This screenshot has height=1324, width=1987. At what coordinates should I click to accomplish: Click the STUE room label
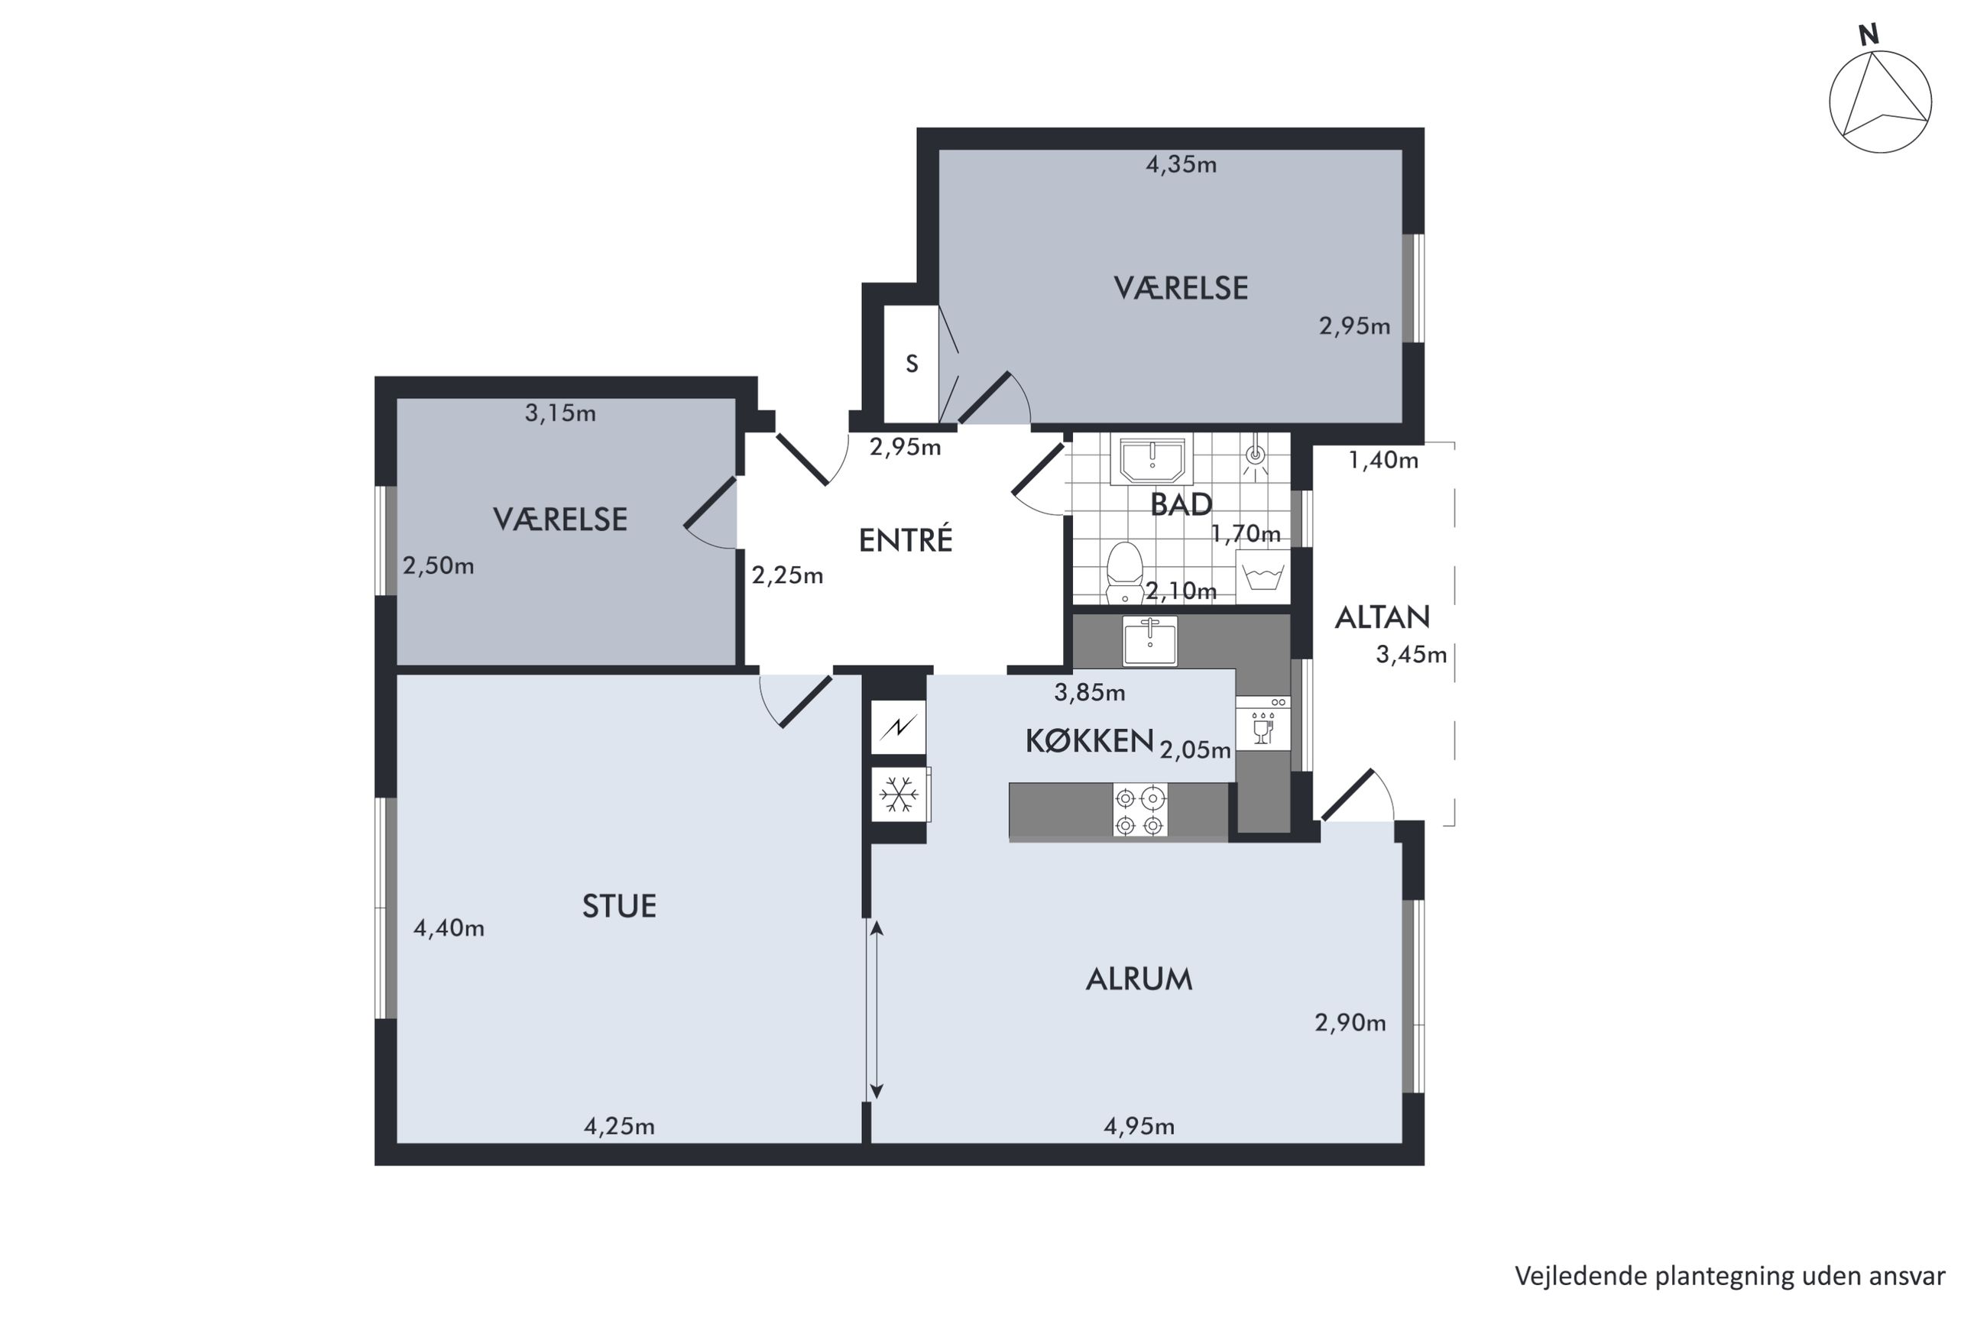[619, 906]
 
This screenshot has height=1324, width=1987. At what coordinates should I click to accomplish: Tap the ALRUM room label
[1139, 979]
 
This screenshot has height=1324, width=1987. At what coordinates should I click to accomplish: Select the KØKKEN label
[1089, 740]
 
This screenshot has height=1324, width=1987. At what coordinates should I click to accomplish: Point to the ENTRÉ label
[906, 539]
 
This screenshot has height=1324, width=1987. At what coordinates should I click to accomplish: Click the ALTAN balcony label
[1382, 617]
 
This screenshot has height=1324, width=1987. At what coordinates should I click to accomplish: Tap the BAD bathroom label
[1181, 504]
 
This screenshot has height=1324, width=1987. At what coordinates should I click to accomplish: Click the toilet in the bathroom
[1124, 572]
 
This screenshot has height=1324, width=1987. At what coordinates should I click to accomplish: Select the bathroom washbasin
[1152, 461]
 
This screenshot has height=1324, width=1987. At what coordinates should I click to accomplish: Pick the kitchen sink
[1149, 642]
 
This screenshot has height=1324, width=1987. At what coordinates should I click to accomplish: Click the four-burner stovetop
[1140, 811]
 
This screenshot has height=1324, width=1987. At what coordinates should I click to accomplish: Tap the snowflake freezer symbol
[899, 794]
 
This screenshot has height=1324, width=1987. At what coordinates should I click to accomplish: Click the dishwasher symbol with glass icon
[1263, 723]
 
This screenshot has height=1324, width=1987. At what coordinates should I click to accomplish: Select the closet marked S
[911, 363]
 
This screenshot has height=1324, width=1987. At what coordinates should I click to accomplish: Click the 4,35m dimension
[1181, 165]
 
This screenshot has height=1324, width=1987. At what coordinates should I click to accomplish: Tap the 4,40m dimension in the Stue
[449, 929]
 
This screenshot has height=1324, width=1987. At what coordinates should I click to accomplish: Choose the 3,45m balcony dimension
[1411, 655]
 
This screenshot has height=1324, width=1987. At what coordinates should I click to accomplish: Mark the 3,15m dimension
[560, 413]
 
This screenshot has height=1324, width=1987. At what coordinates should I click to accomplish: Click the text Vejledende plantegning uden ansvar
[1729, 1276]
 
